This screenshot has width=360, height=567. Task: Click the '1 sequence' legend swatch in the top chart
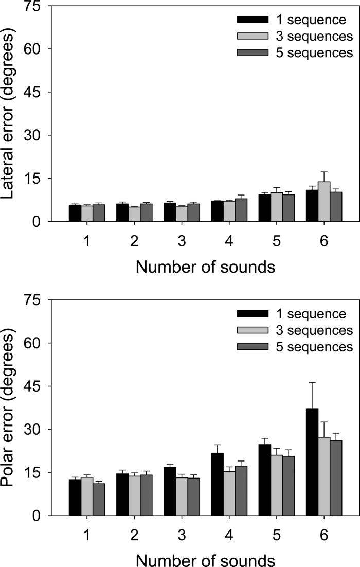[x=253, y=20]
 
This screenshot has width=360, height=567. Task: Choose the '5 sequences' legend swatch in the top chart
[x=253, y=52]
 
